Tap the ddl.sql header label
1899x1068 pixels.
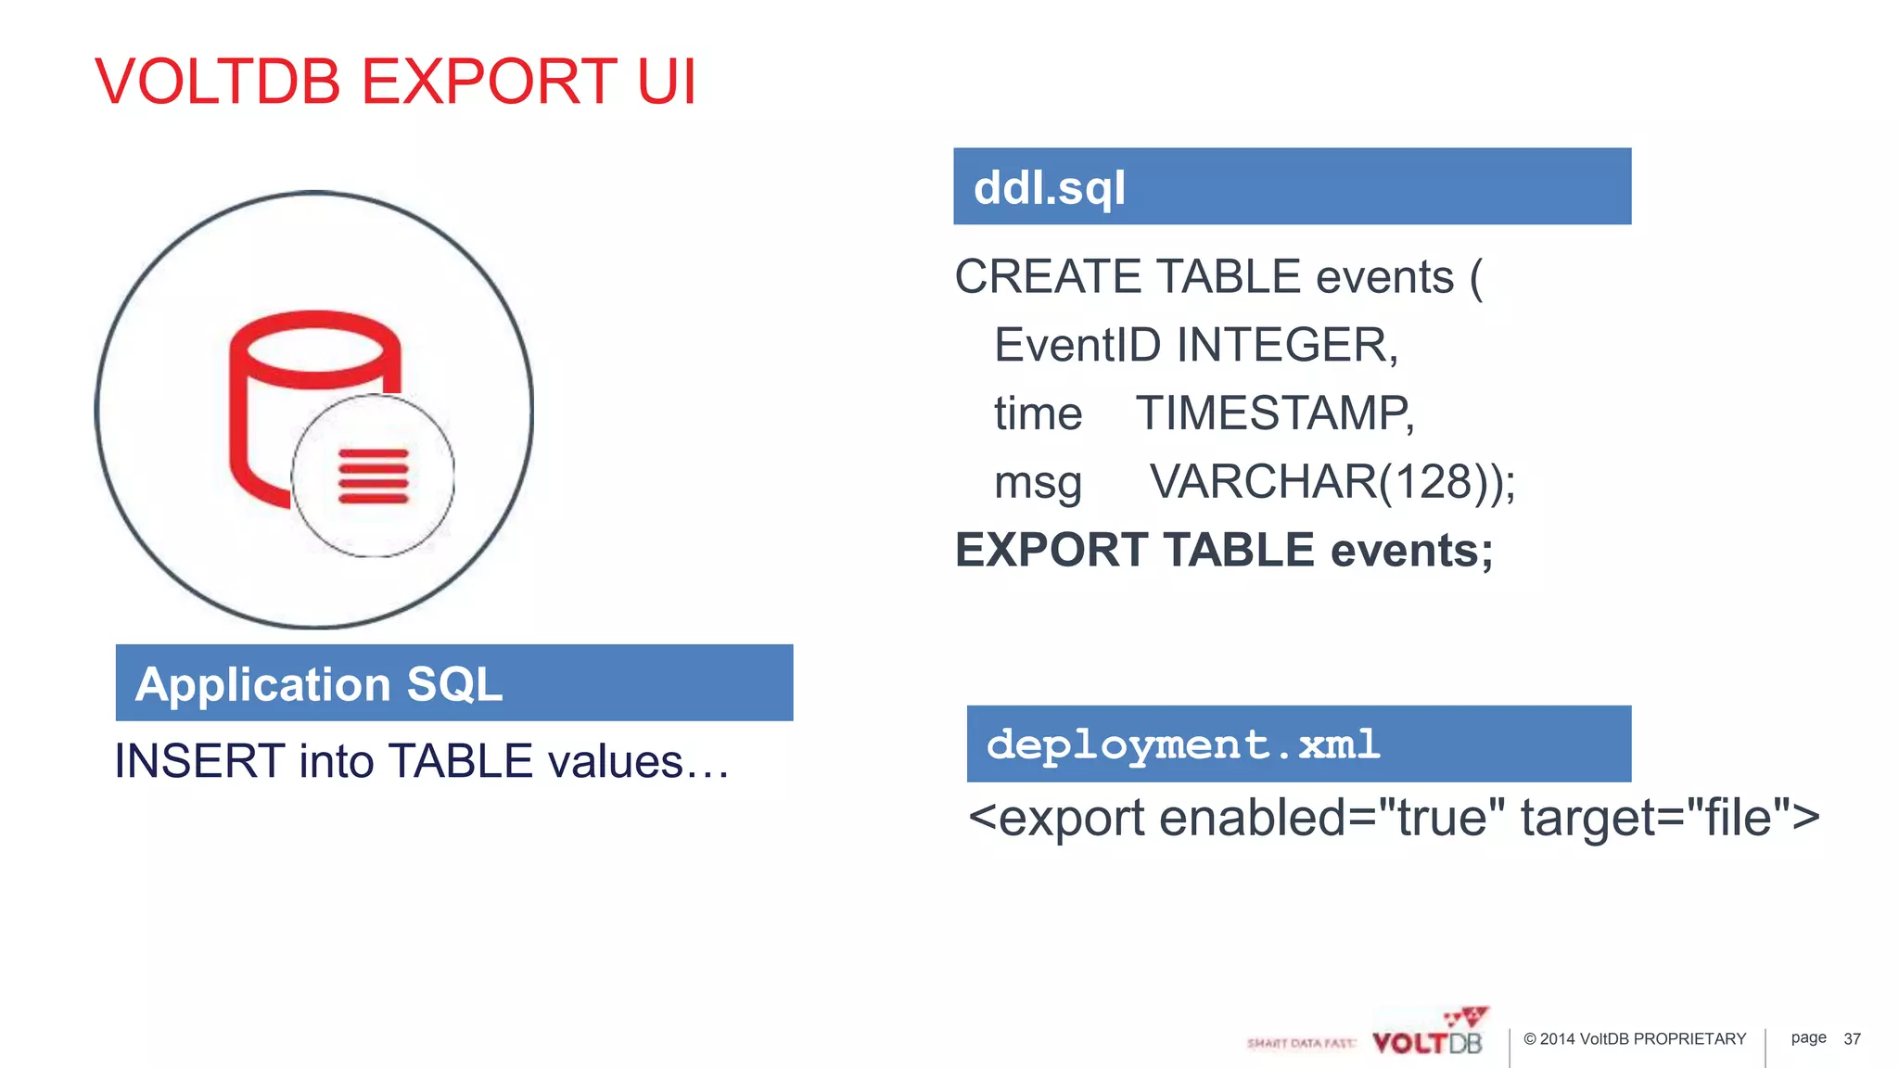pos(1049,188)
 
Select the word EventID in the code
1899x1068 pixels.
pos(1077,345)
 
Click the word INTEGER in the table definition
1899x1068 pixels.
pos(1286,345)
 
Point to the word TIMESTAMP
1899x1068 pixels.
pos(1274,413)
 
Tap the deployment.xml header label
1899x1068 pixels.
pos(1182,744)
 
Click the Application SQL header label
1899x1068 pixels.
pos(318,684)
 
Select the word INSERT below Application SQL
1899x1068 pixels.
pos(198,761)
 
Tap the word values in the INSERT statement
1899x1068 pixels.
pos(616,761)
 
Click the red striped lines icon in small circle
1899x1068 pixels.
pos(373,477)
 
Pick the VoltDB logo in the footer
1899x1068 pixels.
pos(1428,1034)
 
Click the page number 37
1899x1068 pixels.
pos(1852,1039)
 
